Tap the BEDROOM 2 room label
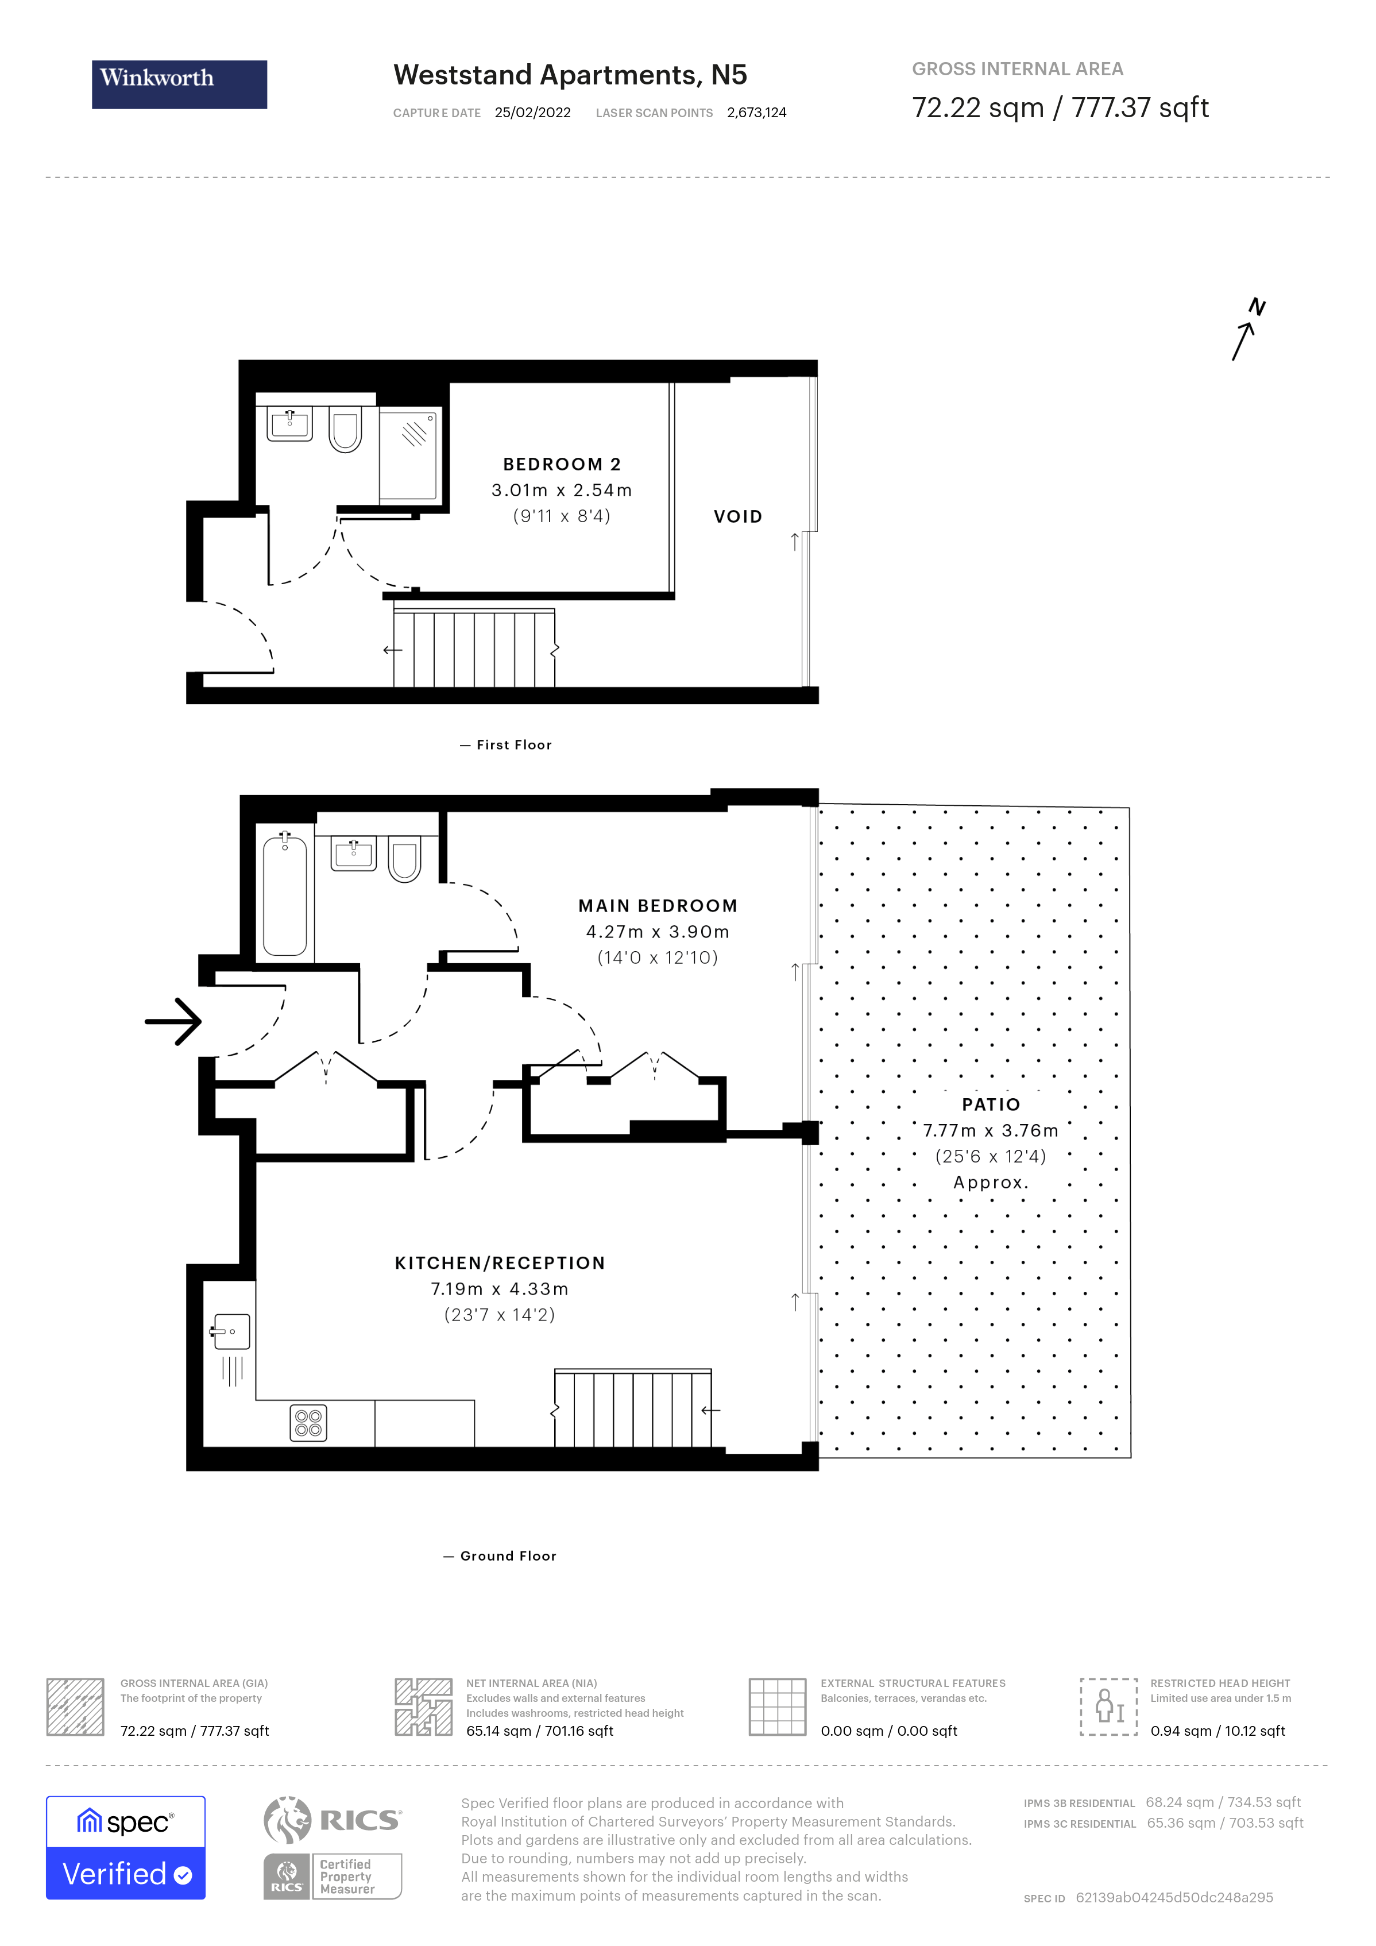pyautogui.click(x=562, y=465)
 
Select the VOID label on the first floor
pyautogui.click(x=737, y=516)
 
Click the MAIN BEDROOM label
pyautogui.click(x=658, y=905)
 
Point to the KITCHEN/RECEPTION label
pyautogui.click(x=500, y=1263)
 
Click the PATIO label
pyautogui.click(x=991, y=1105)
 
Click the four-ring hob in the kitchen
pyautogui.click(x=308, y=1423)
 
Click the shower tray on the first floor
pyautogui.click(x=408, y=454)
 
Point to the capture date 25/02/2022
pyautogui.click(x=532, y=113)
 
